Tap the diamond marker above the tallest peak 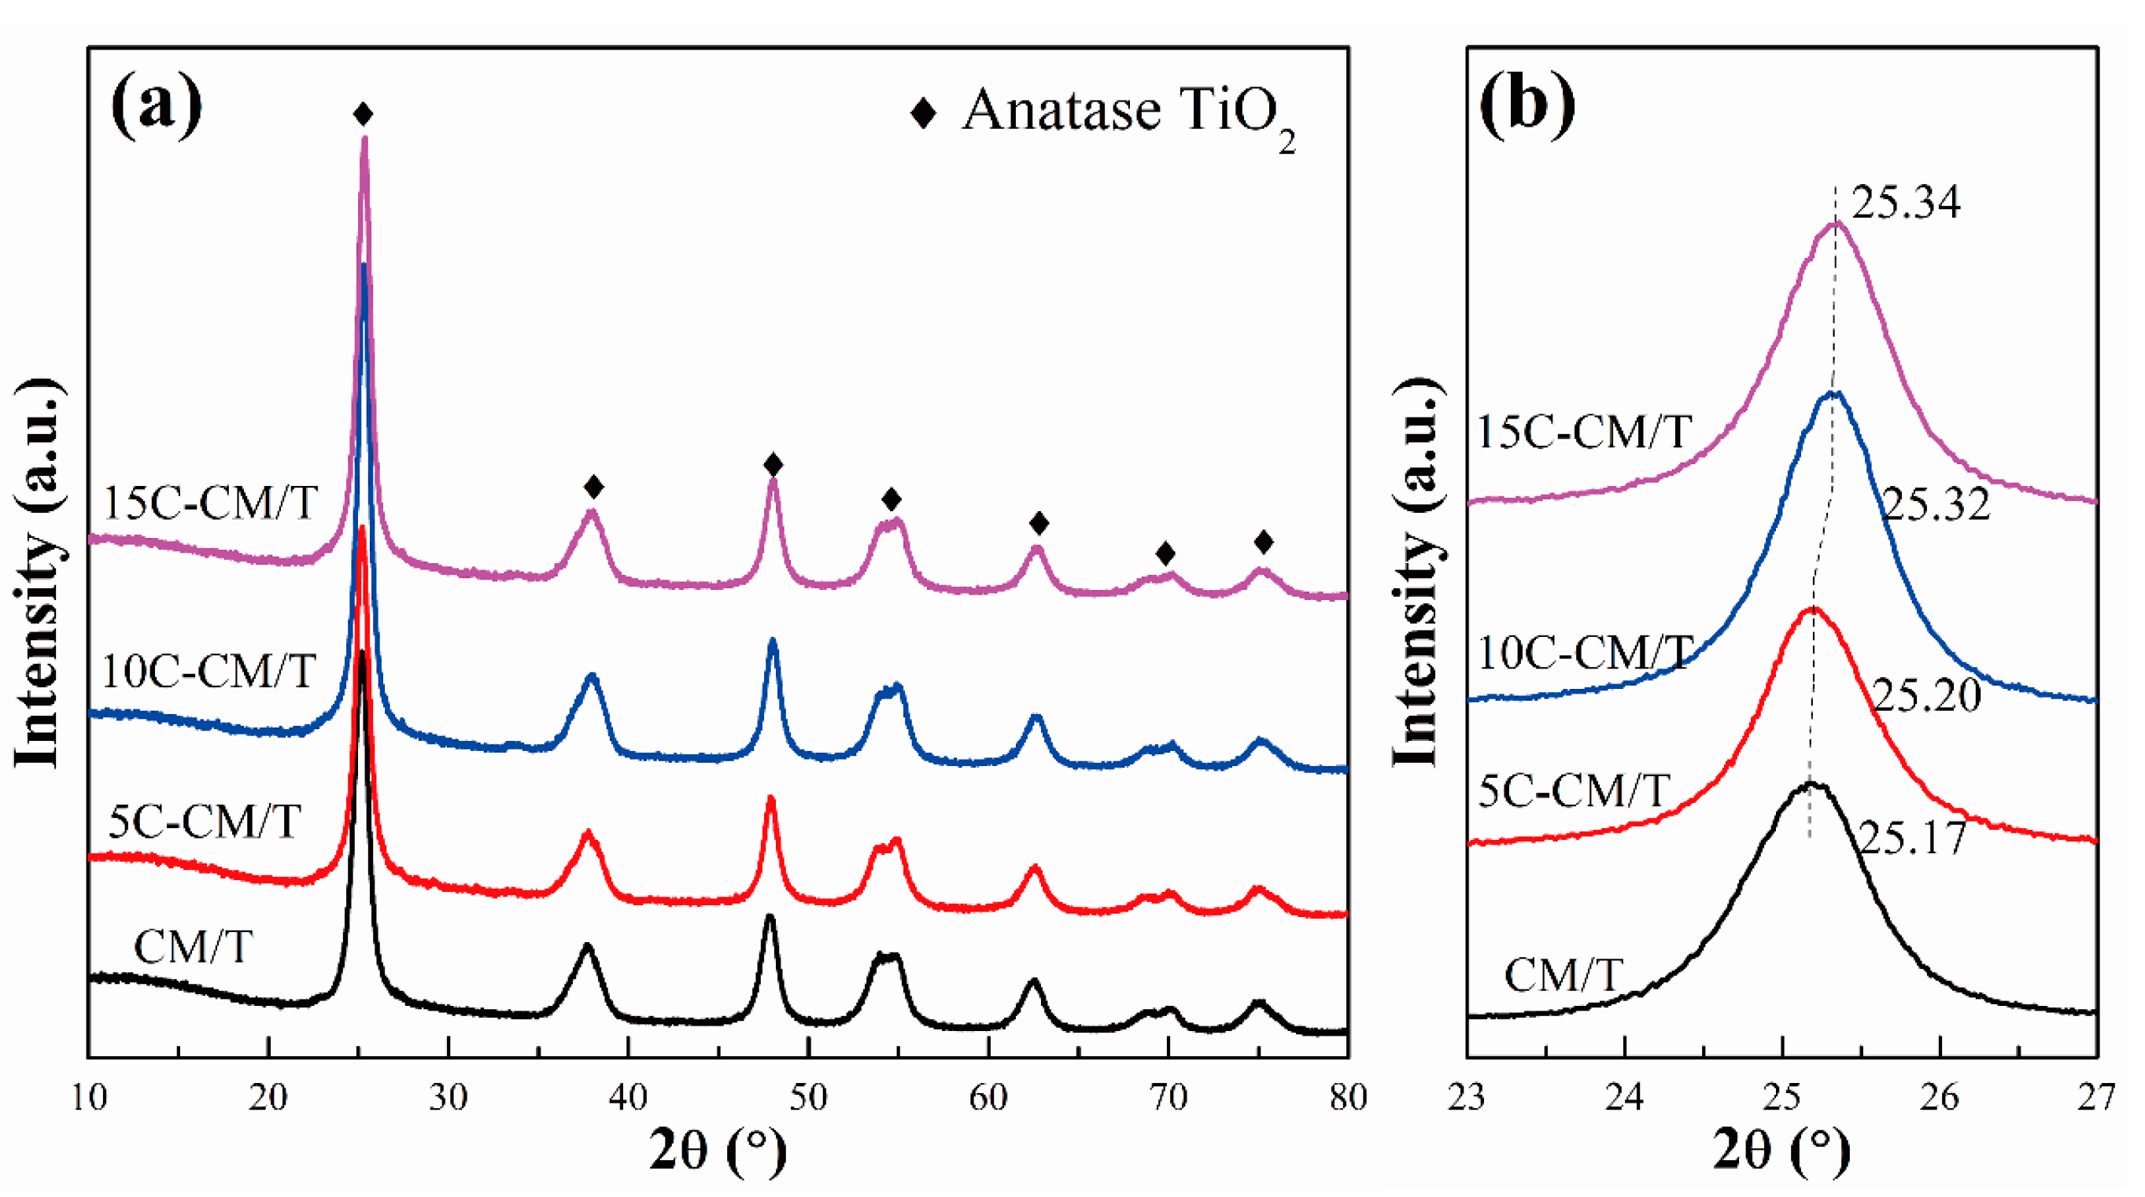[362, 114]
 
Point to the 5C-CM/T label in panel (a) [204, 823]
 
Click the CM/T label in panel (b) [1563, 974]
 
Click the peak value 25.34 [1905, 203]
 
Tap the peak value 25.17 [1912, 838]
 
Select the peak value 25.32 [1935, 504]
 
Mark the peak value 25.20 [1927, 695]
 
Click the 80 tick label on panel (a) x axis [1347, 1098]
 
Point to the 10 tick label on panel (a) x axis [88, 1098]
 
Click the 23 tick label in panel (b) [1467, 1098]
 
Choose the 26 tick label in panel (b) [1940, 1098]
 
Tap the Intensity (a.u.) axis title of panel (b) [1415, 573]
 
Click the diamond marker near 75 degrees [1263, 543]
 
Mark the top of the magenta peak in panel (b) [1834, 223]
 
